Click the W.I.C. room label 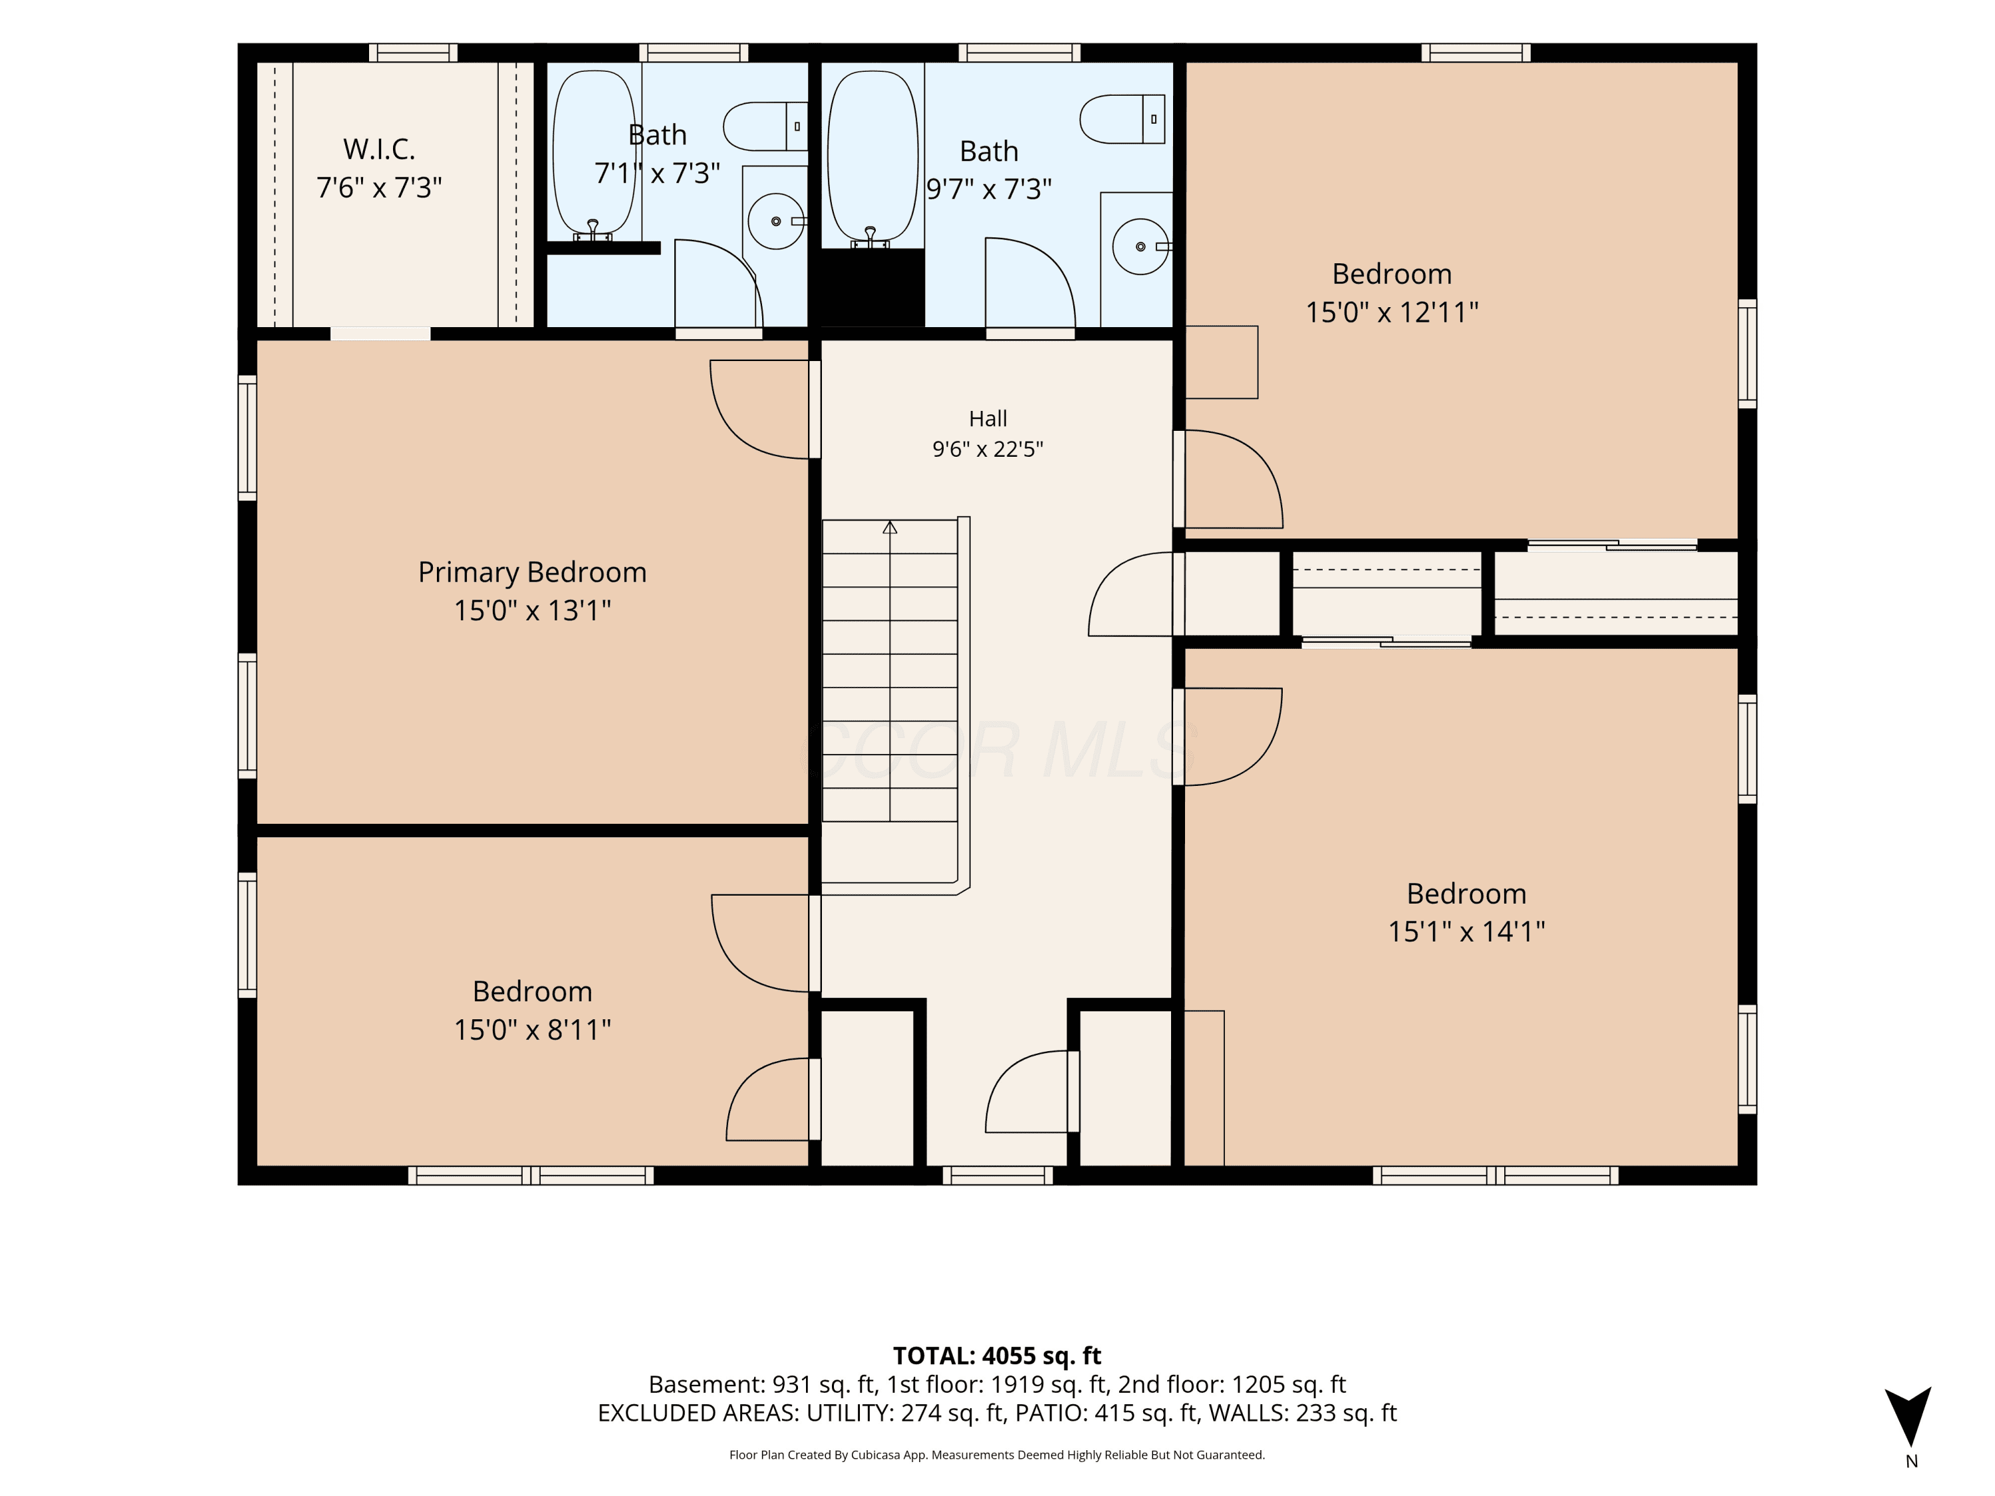pos(379,150)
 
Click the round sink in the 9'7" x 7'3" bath pos(1141,246)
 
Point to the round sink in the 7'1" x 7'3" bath pos(775,221)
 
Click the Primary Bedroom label pos(532,572)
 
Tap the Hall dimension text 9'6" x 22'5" pos(988,449)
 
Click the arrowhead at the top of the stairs pos(890,527)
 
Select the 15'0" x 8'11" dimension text pos(532,1030)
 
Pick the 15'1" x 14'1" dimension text pos(1466,932)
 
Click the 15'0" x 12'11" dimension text pos(1393,312)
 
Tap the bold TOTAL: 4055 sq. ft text pos(997,1356)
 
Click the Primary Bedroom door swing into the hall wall pos(759,410)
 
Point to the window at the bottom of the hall pos(997,1175)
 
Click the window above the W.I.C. pos(413,53)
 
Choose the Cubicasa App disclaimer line pos(997,1455)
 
